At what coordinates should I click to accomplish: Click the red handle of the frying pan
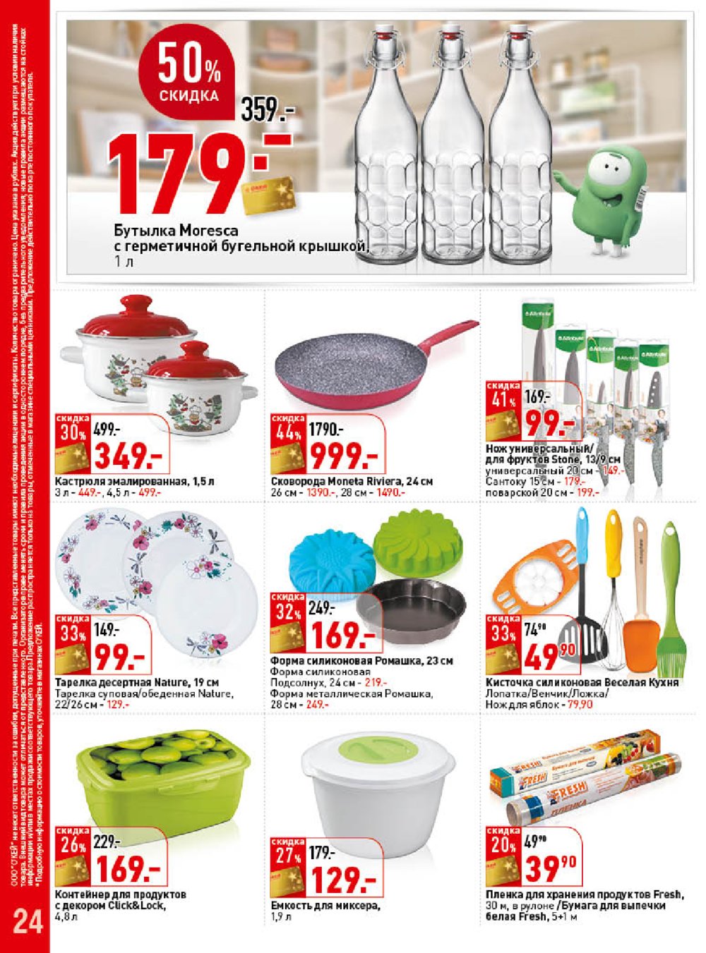tap(445, 336)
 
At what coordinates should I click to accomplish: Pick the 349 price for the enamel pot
tap(128, 457)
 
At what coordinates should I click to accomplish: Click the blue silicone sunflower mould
tap(333, 557)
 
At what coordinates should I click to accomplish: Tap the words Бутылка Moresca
tap(176, 231)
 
